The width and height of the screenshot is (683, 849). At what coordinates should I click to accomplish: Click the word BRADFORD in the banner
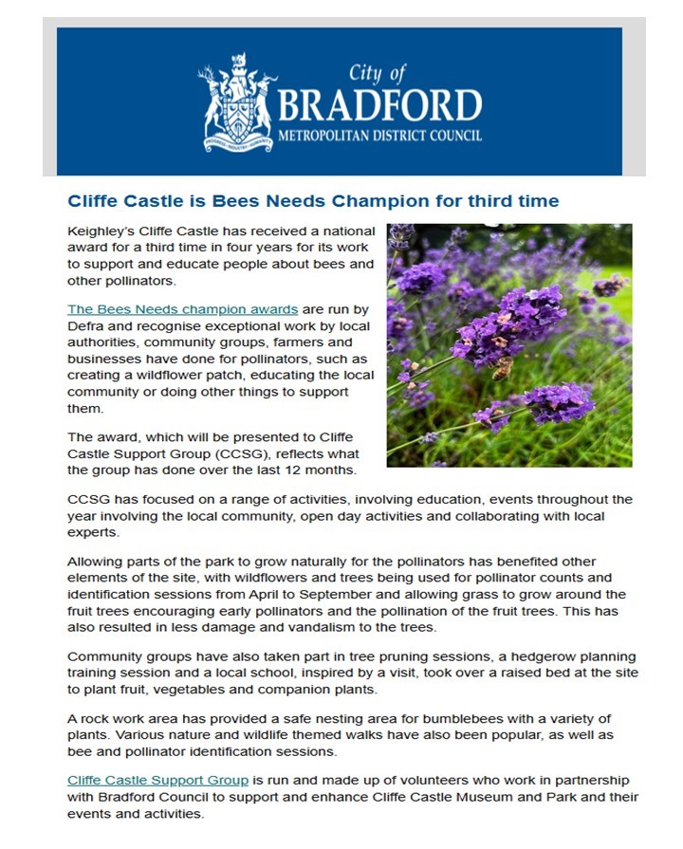point(379,104)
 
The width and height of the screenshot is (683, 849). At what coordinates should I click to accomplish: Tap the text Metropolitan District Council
point(379,136)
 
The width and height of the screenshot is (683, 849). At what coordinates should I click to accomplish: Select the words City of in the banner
point(378,73)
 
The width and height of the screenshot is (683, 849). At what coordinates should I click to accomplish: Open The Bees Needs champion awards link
point(183,309)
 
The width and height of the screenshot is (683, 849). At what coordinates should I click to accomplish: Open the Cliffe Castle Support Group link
point(158,780)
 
